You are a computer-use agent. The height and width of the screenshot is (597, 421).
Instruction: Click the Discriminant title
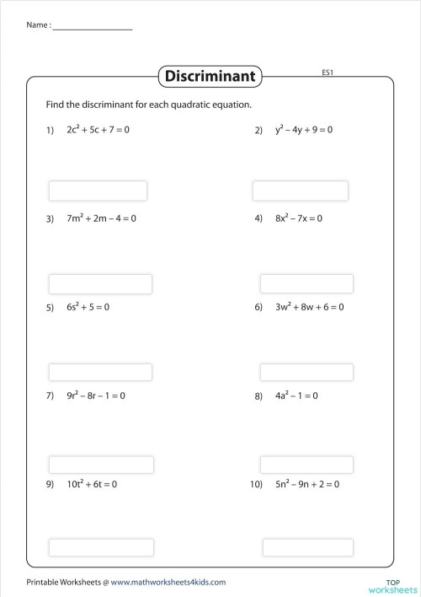coord(210,77)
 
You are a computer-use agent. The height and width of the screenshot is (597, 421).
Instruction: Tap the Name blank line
coord(92,30)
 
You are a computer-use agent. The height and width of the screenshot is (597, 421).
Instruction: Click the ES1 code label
coord(329,73)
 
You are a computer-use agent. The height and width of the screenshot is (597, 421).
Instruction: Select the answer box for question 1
coord(98,191)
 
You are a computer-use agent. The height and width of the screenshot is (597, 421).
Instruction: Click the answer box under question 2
coord(300,191)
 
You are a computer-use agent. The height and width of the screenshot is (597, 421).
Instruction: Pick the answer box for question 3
coord(100,283)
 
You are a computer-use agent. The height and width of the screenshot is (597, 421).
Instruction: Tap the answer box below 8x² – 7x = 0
coord(306,283)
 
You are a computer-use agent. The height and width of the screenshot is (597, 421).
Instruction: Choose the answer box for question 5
coord(100,372)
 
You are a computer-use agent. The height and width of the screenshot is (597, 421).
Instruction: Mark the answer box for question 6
coord(306,372)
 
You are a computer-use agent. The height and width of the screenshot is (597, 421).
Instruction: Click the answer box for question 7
coord(101,465)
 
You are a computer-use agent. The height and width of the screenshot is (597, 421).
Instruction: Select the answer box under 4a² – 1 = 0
coord(306,465)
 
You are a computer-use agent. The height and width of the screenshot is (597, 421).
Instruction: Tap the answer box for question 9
coord(101,547)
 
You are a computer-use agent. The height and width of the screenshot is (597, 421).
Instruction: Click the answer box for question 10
coord(306,547)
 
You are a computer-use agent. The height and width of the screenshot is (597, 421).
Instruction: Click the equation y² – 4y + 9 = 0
coord(304,131)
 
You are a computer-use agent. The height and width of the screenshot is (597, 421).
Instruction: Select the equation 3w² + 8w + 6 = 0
coord(309,307)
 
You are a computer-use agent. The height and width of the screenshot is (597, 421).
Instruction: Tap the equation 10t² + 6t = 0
coord(92,484)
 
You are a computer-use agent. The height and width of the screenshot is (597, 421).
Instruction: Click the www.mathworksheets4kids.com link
coord(168,582)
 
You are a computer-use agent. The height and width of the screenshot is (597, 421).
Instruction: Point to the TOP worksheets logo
coord(394,584)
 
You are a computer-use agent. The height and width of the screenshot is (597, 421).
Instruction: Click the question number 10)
coord(258,485)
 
